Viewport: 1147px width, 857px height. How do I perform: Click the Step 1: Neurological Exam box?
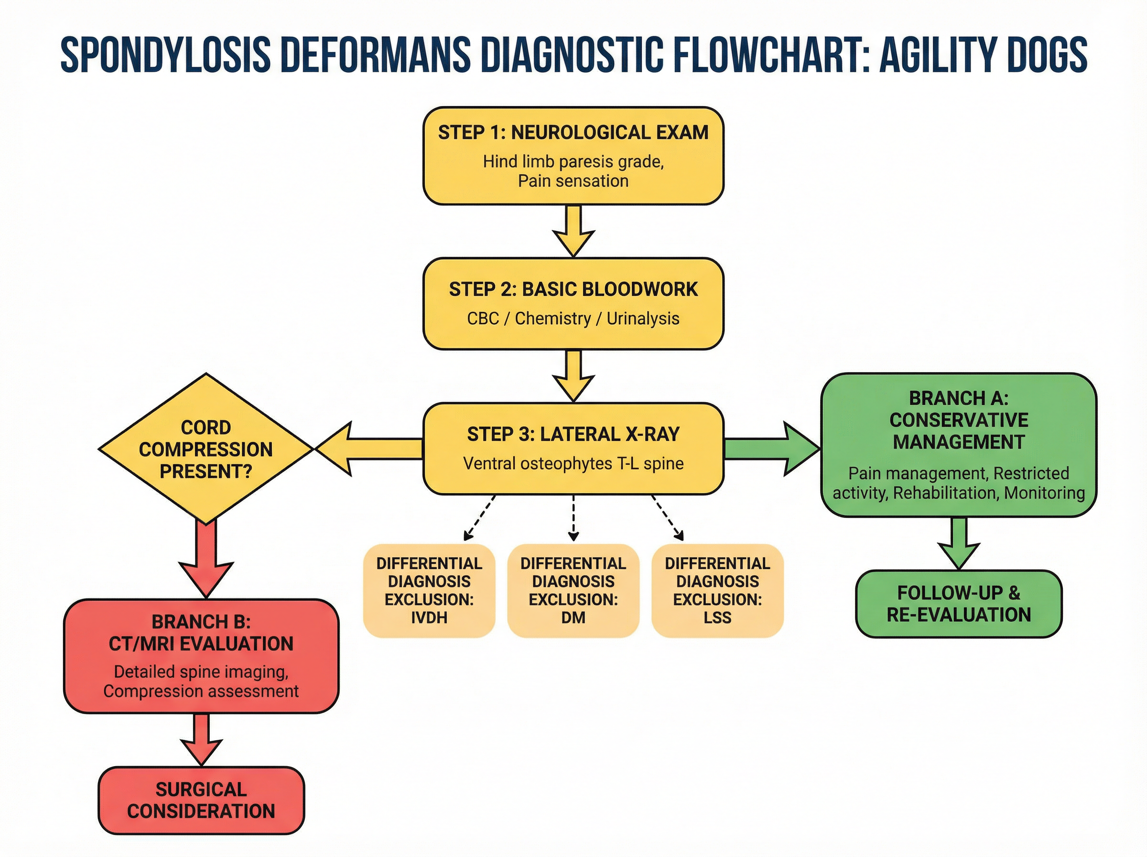573,155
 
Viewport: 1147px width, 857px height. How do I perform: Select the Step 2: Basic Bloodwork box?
573,304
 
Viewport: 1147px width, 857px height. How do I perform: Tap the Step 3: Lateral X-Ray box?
573,448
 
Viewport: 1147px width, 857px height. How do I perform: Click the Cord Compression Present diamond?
206,449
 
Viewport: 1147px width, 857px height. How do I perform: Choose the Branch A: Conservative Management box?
958,445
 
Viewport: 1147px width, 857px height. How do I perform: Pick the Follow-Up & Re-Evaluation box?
958,604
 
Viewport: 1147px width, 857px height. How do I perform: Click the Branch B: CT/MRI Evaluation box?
201,656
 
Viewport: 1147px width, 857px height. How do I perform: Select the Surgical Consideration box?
201,800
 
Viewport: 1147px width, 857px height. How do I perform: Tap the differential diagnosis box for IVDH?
429,590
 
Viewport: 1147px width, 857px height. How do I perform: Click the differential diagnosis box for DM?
573,590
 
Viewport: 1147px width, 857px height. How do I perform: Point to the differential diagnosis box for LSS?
717,590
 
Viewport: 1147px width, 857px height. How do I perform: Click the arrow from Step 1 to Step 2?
573,230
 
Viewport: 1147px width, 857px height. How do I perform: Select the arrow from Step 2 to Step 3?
573,375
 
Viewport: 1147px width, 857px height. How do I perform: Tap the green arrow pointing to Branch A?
771,449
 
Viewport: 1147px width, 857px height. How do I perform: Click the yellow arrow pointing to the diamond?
369,449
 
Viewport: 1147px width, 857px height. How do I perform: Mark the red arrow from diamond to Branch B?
206,558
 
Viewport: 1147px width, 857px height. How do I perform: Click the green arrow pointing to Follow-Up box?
958,543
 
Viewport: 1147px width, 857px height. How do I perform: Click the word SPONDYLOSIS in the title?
166,55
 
